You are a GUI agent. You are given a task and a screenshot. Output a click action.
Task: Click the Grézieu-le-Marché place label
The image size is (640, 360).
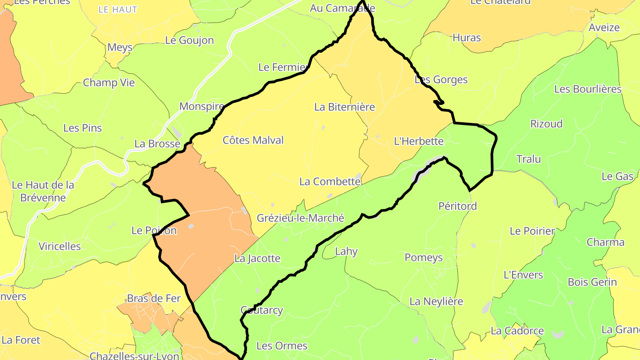[x=300, y=218]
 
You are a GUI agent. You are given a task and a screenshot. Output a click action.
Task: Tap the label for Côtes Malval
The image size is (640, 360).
[x=253, y=140]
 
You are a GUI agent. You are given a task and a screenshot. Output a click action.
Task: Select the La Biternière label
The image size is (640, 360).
[x=344, y=107]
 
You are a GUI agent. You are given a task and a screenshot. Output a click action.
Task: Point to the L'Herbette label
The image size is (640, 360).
[x=419, y=141]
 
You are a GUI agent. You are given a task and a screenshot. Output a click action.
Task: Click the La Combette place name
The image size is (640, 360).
[x=330, y=182]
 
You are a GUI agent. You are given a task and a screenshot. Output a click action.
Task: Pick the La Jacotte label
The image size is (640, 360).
[x=257, y=259]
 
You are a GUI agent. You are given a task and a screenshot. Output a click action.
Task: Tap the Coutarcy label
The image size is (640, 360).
[x=261, y=310]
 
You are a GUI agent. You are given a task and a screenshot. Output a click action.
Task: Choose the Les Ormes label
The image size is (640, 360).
[x=282, y=346]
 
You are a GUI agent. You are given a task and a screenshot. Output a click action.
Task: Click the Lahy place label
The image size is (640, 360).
[x=346, y=252]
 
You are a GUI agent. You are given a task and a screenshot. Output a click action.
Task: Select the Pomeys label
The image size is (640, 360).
[x=424, y=258]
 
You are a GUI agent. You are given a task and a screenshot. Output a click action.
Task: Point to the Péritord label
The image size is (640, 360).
[x=457, y=206]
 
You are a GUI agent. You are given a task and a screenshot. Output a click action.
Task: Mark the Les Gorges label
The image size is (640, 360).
[x=441, y=80]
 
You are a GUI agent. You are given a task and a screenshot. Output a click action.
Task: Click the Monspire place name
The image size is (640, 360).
[x=202, y=107]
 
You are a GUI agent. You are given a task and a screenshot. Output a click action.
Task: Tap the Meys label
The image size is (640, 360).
[x=120, y=48]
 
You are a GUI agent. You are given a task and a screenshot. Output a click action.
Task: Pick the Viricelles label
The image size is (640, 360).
[x=60, y=247]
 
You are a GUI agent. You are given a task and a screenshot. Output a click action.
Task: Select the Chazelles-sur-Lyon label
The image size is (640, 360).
[x=134, y=356]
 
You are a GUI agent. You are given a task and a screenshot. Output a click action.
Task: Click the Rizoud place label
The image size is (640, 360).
[x=546, y=124]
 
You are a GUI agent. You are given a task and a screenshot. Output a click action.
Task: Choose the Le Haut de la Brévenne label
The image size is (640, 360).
[x=43, y=191]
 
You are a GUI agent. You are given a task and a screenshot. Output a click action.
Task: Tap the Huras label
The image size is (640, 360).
[x=467, y=38]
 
